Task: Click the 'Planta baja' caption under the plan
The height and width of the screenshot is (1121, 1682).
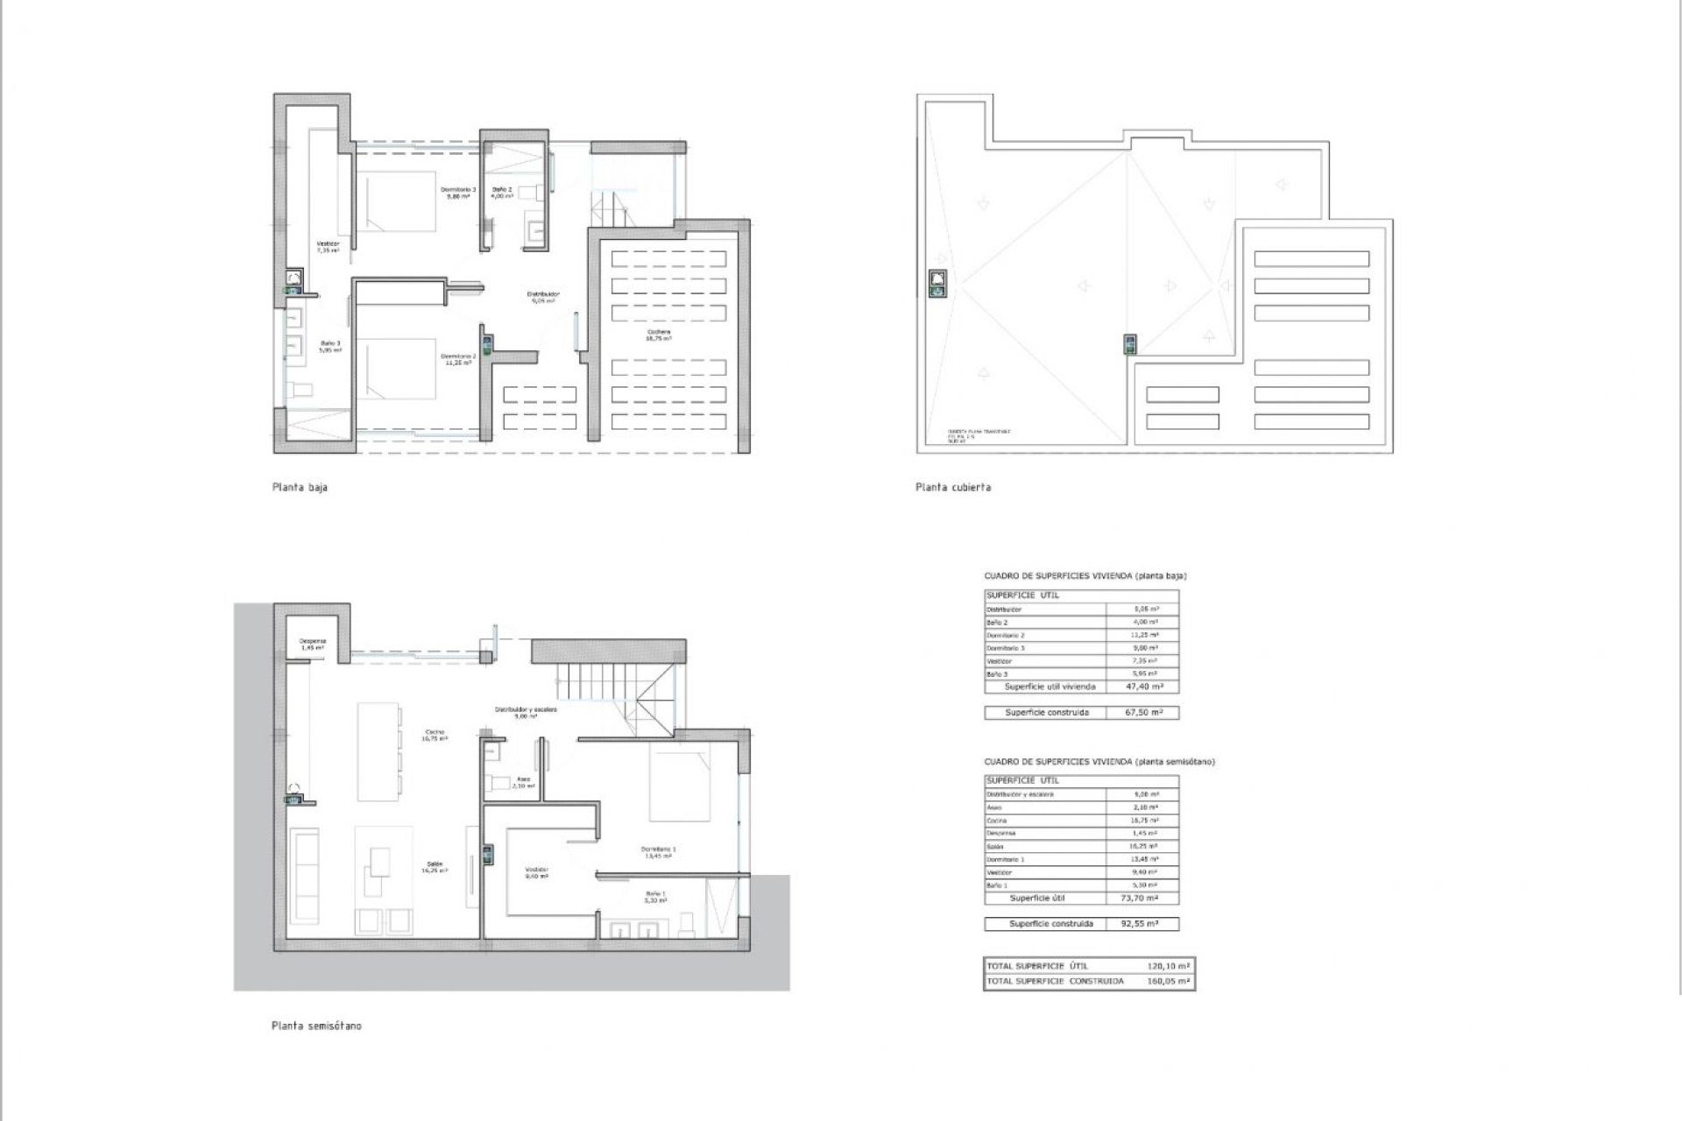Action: pos(300,488)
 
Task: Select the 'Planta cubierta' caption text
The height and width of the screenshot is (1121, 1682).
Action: pos(953,488)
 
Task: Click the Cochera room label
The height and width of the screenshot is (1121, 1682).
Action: pos(659,335)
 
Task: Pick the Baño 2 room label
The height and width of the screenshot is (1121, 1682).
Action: pos(501,193)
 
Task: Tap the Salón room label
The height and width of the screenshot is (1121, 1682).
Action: pos(434,866)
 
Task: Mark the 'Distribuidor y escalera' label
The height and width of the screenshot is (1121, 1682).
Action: pos(526,712)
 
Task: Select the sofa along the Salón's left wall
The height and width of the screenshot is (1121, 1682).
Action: pos(306,876)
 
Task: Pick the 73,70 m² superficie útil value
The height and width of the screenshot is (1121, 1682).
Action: pos(1142,899)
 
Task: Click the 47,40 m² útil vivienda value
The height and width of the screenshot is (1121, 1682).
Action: pos(1142,687)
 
